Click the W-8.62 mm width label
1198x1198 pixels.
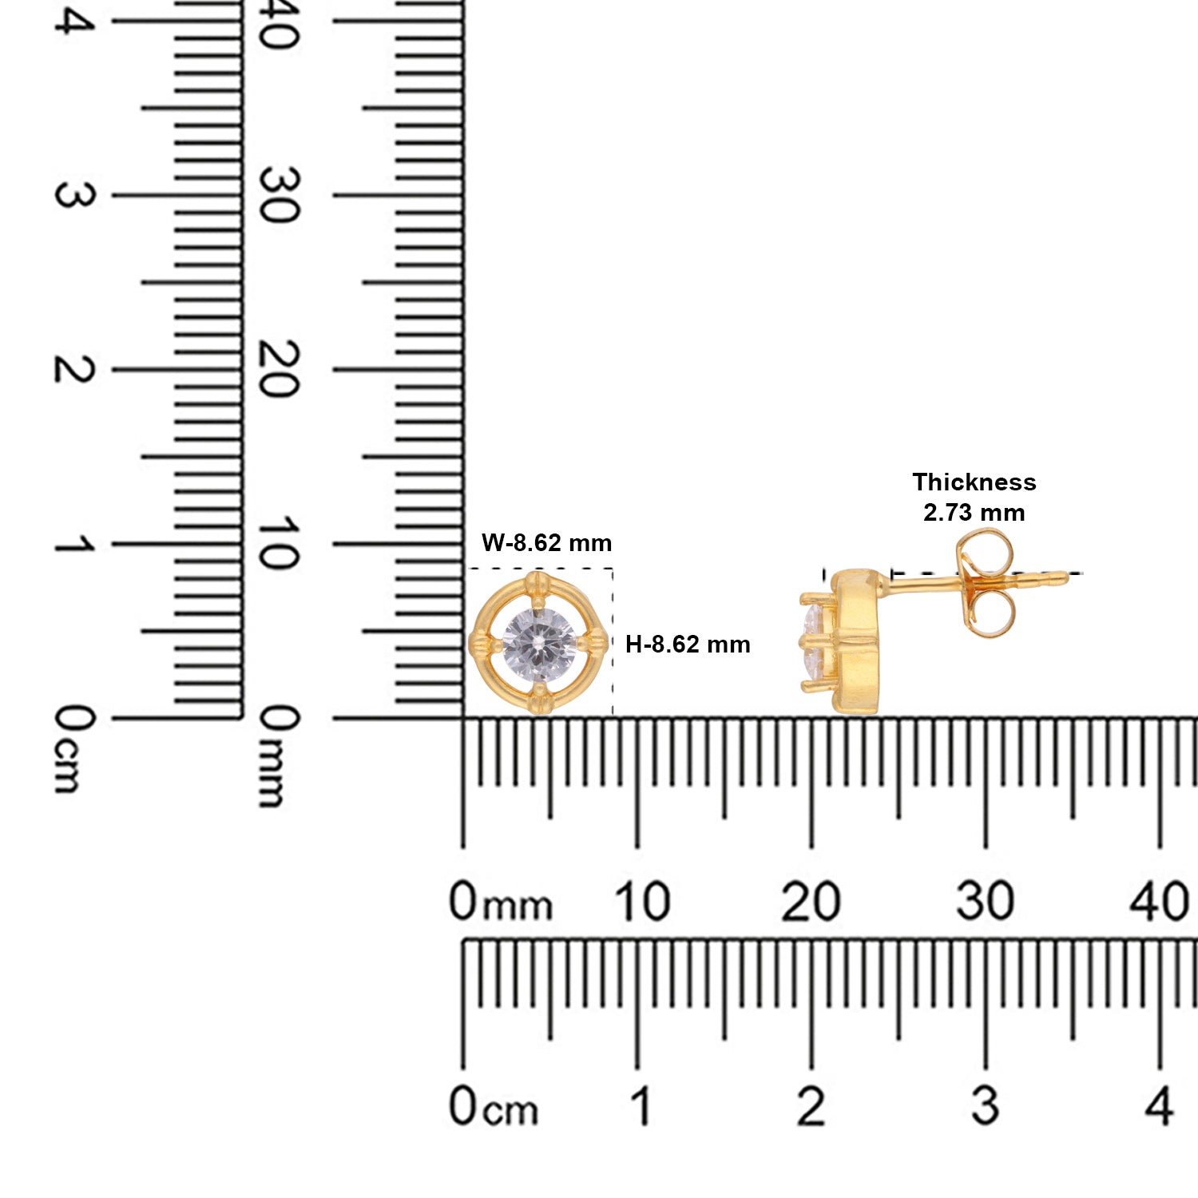coord(546,543)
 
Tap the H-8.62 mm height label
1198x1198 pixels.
coord(688,645)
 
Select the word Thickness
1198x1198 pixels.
coord(974,482)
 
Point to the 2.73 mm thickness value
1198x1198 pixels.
coord(974,513)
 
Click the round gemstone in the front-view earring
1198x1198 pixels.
coord(539,644)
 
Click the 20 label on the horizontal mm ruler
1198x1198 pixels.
coord(811,902)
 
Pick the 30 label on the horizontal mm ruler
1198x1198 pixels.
coord(985,902)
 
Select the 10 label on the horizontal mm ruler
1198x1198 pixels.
coord(641,902)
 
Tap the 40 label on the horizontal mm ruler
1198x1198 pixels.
coord(1159,902)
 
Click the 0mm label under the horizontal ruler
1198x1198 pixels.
coord(501,902)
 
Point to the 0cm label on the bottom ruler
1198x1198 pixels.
coord(494,1108)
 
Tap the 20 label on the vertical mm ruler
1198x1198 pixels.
coord(279,369)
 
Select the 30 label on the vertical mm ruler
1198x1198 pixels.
coord(279,195)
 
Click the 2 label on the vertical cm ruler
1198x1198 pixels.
coord(74,369)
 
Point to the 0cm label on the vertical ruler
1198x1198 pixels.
coord(74,748)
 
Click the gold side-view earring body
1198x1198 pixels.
coord(855,641)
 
